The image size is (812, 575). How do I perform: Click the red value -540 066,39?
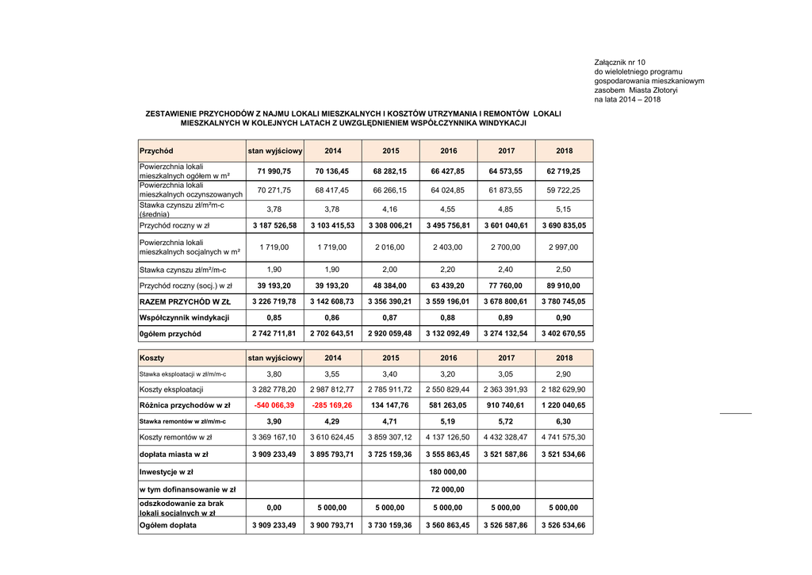[274, 405]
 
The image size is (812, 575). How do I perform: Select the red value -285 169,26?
[333, 405]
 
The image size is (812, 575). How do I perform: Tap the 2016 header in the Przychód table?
[449, 151]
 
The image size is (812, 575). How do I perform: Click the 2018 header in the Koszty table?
[564, 358]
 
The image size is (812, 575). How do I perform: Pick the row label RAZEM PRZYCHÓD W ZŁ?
[185, 301]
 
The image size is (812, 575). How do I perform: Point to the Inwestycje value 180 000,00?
[449, 472]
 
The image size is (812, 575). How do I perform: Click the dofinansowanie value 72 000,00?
[449, 489]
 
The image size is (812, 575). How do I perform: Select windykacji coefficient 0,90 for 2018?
[564, 317]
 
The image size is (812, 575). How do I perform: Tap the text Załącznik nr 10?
[620, 62]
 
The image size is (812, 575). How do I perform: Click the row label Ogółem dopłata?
[168, 525]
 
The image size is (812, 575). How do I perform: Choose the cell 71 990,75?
[274, 171]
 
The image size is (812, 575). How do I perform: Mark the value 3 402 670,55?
[564, 334]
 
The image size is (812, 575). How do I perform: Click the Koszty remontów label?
[175, 437]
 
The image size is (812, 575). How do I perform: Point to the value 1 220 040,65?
[564, 405]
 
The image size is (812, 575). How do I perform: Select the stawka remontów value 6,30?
[564, 421]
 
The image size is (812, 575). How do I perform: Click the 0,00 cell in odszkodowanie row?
[274, 508]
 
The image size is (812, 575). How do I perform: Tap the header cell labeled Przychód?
[156, 151]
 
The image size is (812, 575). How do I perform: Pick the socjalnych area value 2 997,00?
[564, 247]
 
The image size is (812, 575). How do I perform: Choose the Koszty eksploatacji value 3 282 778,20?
[274, 389]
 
